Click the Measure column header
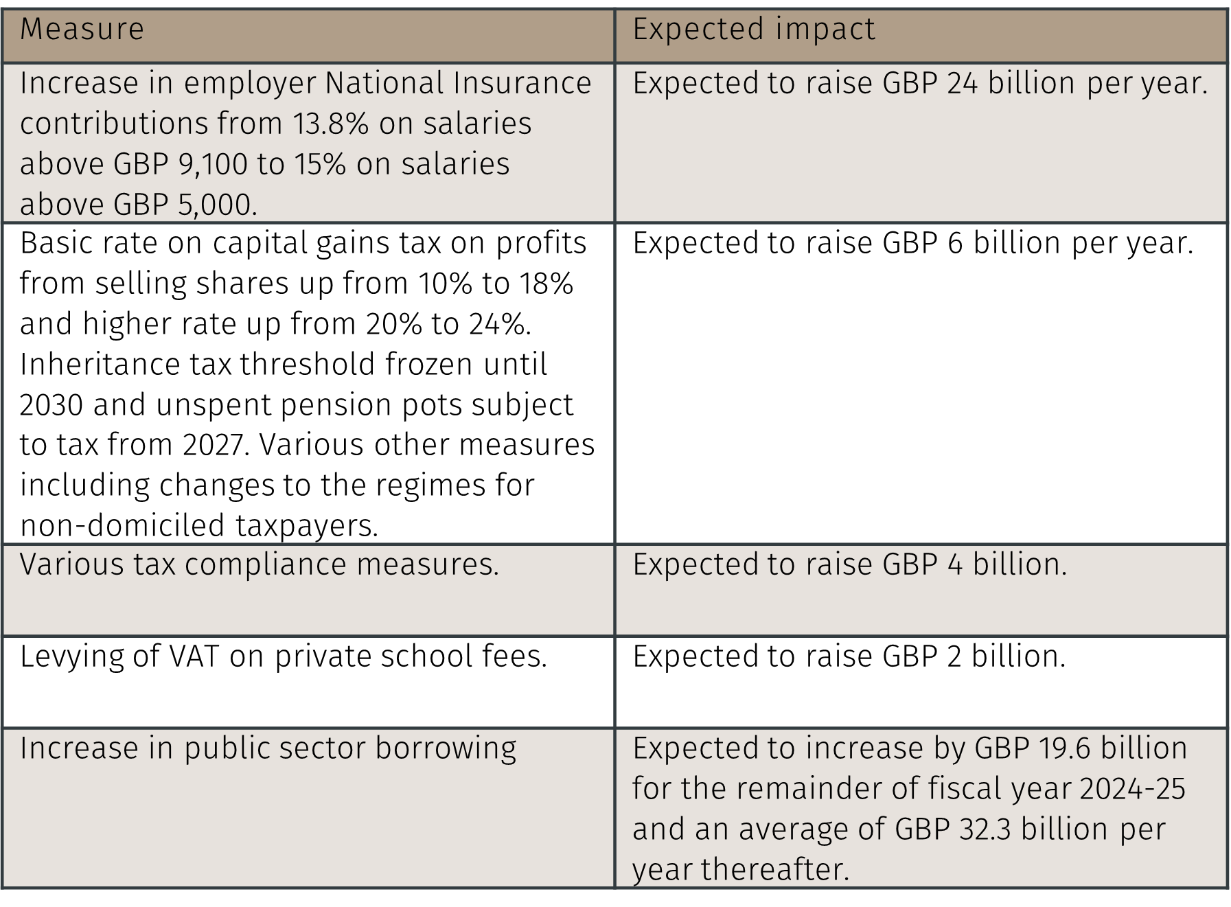tap(82, 30)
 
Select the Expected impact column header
tap(753, 30)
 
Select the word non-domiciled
tap(122, 526)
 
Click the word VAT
tap(194, 656)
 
